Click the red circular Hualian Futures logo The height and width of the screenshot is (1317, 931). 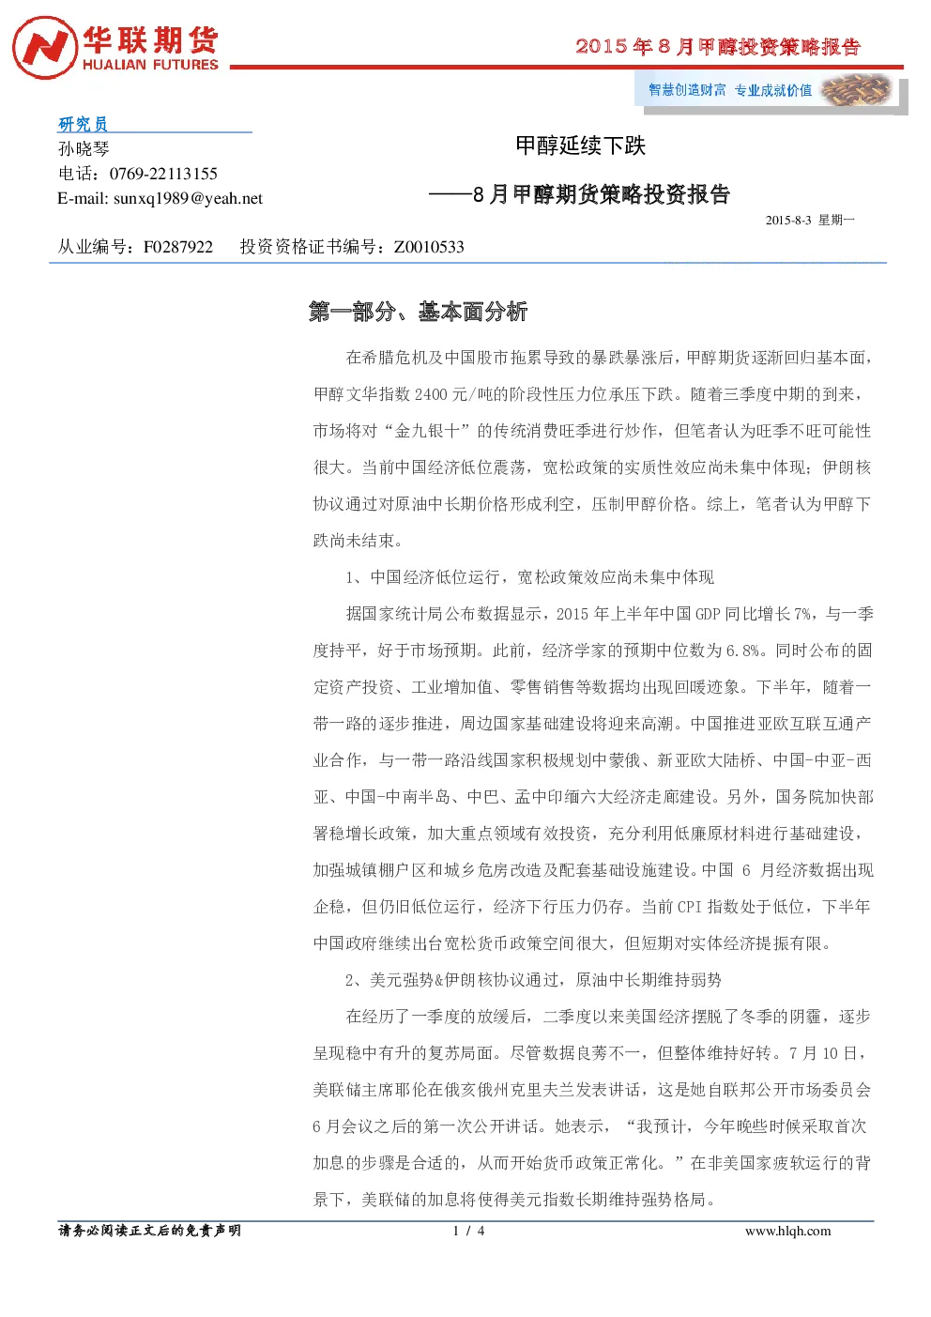[x=45, y=48]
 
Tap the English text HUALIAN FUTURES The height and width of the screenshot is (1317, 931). [x=150, y=64]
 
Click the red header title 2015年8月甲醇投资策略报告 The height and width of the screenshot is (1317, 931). [x=718, y=46]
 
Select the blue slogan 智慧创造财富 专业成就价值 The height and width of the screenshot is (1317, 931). [x=730, y=90]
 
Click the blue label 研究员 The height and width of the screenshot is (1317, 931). [x=83, y=124]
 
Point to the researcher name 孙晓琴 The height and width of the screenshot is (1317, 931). [x=84, y=148]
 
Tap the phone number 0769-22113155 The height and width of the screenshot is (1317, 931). [x=163, y=174]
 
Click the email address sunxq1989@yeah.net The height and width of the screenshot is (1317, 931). [x=188, y=198]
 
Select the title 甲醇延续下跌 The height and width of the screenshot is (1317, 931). [x=581, y=145]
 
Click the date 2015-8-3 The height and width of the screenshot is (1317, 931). [x=788, y=220]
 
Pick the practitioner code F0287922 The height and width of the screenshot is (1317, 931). [x=178, y=246]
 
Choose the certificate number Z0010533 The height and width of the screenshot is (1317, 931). [x=429, y=246]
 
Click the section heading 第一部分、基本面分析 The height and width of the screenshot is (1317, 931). [x=418, y=311]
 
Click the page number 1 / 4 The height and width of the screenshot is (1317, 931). [x=468, y=1231]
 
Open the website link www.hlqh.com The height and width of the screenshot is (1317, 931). [x=788, y=1231]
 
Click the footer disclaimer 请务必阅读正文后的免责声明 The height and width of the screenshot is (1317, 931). [x=149, y=1231]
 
